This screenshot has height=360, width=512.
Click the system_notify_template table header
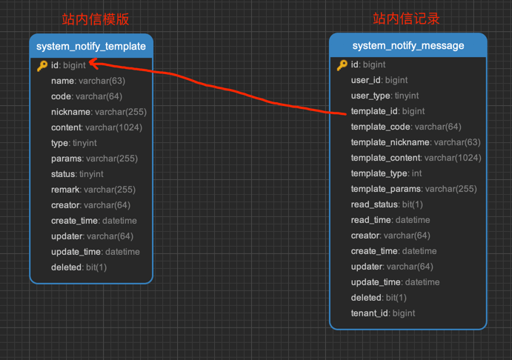click(x=91, y=46)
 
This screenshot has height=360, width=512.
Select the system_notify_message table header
click(x=408, y=46)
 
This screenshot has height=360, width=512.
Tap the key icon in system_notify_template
click(x=42, y=66)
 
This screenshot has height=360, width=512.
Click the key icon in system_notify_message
click(x=342, y=65)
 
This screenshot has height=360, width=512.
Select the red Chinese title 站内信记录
click(x=406, y=19)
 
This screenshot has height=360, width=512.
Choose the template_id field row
click(x=388, y=111)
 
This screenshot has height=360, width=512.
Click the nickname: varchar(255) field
click(x=99, y=112)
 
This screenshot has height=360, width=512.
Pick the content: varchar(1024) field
click(x=96, y=127)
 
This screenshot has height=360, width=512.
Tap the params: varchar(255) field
click(x=94, y=159)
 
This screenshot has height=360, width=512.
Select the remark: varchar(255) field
click(x=93, y=190)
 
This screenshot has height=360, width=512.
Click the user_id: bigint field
click(x=379, y=80)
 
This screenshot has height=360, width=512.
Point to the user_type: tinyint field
click(x=385, y=96)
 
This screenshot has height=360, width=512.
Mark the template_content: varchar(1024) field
click(x=416, y=158)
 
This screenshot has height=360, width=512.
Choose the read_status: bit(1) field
click(x=387, y=204)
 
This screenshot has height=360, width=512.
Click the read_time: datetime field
click(x=390, y=220)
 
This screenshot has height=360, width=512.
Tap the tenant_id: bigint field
click(x=383, y=313)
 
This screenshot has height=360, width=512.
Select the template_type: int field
click(x=386, y=173)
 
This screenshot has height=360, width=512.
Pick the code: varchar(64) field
click(x=87, y=96)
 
